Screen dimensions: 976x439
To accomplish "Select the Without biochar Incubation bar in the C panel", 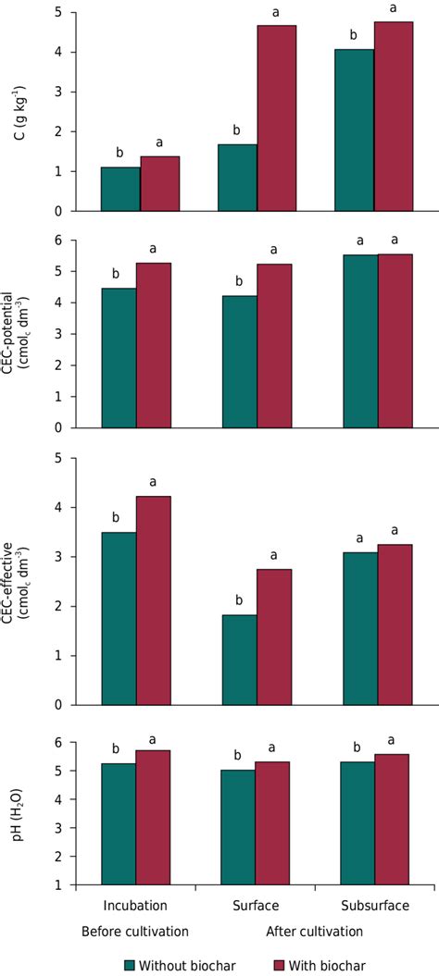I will coord(119,189).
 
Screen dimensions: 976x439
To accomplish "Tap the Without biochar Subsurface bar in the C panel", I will coord(357,130).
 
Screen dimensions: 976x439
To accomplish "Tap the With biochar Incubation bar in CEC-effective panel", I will coord(154,600).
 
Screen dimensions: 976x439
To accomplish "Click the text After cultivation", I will coord(315,932).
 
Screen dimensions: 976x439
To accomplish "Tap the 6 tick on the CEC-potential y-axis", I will coord(60,241).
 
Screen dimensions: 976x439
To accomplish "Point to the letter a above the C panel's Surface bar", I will coord(276,12).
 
